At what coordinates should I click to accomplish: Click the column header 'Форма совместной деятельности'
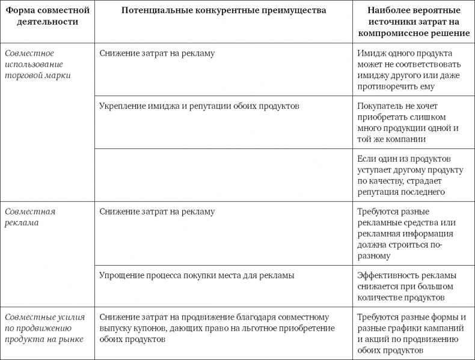pyautogui.click(x=47, y=16)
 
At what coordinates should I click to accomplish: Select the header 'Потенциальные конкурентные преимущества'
pyautogui.click(x=224, y=11)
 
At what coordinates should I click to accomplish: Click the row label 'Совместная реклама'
pyautogui.click(x=30, y=217)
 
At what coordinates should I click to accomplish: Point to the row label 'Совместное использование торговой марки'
pyautogui.click(x=38, y=64)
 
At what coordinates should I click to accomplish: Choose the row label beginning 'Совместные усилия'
pyautogui.click(x=44, y=328)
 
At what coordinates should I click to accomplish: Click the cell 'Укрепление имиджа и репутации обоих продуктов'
pyautogui.click(x=199, y=106)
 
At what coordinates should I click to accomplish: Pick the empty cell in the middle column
pyautogui.click(x=224, y=174)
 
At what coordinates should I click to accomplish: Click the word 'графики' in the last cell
pyautogui.click(x=401, y=328)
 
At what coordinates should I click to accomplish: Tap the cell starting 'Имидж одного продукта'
pyautogui.click(x=409, y=70)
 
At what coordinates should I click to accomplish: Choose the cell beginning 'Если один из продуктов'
pyautogui.click(x=409, y=175)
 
